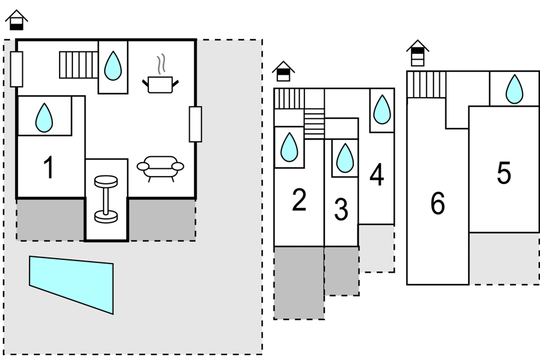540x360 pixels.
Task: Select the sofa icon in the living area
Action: click(160, 168)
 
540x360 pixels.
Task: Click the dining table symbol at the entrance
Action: click(106, 199)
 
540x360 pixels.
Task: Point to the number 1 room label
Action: click(49, 168)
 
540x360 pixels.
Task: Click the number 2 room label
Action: click(299, 200)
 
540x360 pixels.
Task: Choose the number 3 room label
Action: click(341, 209)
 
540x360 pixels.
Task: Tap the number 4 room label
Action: click(377, 174)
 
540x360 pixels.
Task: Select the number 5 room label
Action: click(504, 172)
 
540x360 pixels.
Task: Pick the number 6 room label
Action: click(438, 203)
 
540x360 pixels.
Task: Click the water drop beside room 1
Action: click(44, 118)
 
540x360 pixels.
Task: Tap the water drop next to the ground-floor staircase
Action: click(113, 66)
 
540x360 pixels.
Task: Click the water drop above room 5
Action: click(514, 89)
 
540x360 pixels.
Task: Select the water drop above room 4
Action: click(382, 109)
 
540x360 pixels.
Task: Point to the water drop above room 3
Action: click(345, 158)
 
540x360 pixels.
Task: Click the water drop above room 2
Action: click(289, 147)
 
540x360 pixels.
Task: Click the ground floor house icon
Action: click(16, 20)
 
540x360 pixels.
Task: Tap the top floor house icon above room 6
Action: click(418, 53)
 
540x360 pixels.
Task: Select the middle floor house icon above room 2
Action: click(283, 71)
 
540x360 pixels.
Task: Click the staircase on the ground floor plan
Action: click(79, 65)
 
